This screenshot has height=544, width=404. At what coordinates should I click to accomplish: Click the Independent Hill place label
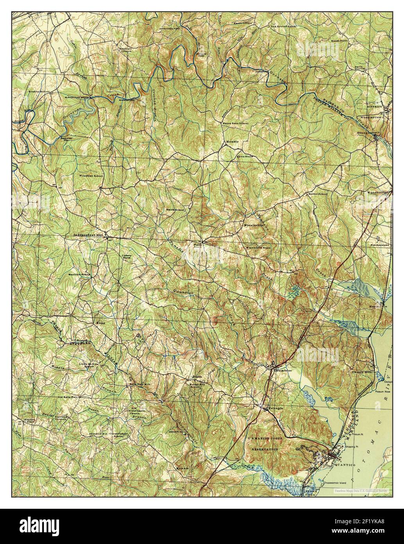[88, 235]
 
